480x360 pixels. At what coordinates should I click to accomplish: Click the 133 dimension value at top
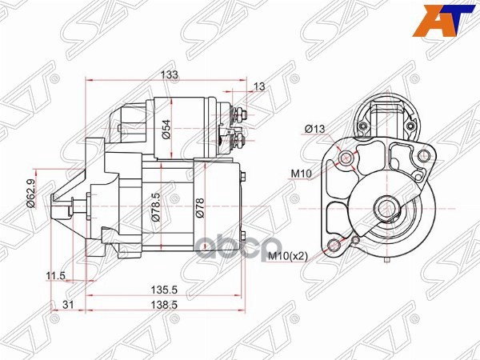170,74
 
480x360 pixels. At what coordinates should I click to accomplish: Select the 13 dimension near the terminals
258,87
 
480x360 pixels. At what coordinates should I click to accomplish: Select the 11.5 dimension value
55,276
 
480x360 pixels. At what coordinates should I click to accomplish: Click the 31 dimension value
68,306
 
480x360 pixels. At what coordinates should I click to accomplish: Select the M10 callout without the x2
301,173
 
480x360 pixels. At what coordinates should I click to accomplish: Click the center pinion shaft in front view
386,210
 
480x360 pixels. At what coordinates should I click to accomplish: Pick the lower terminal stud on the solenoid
240,142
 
